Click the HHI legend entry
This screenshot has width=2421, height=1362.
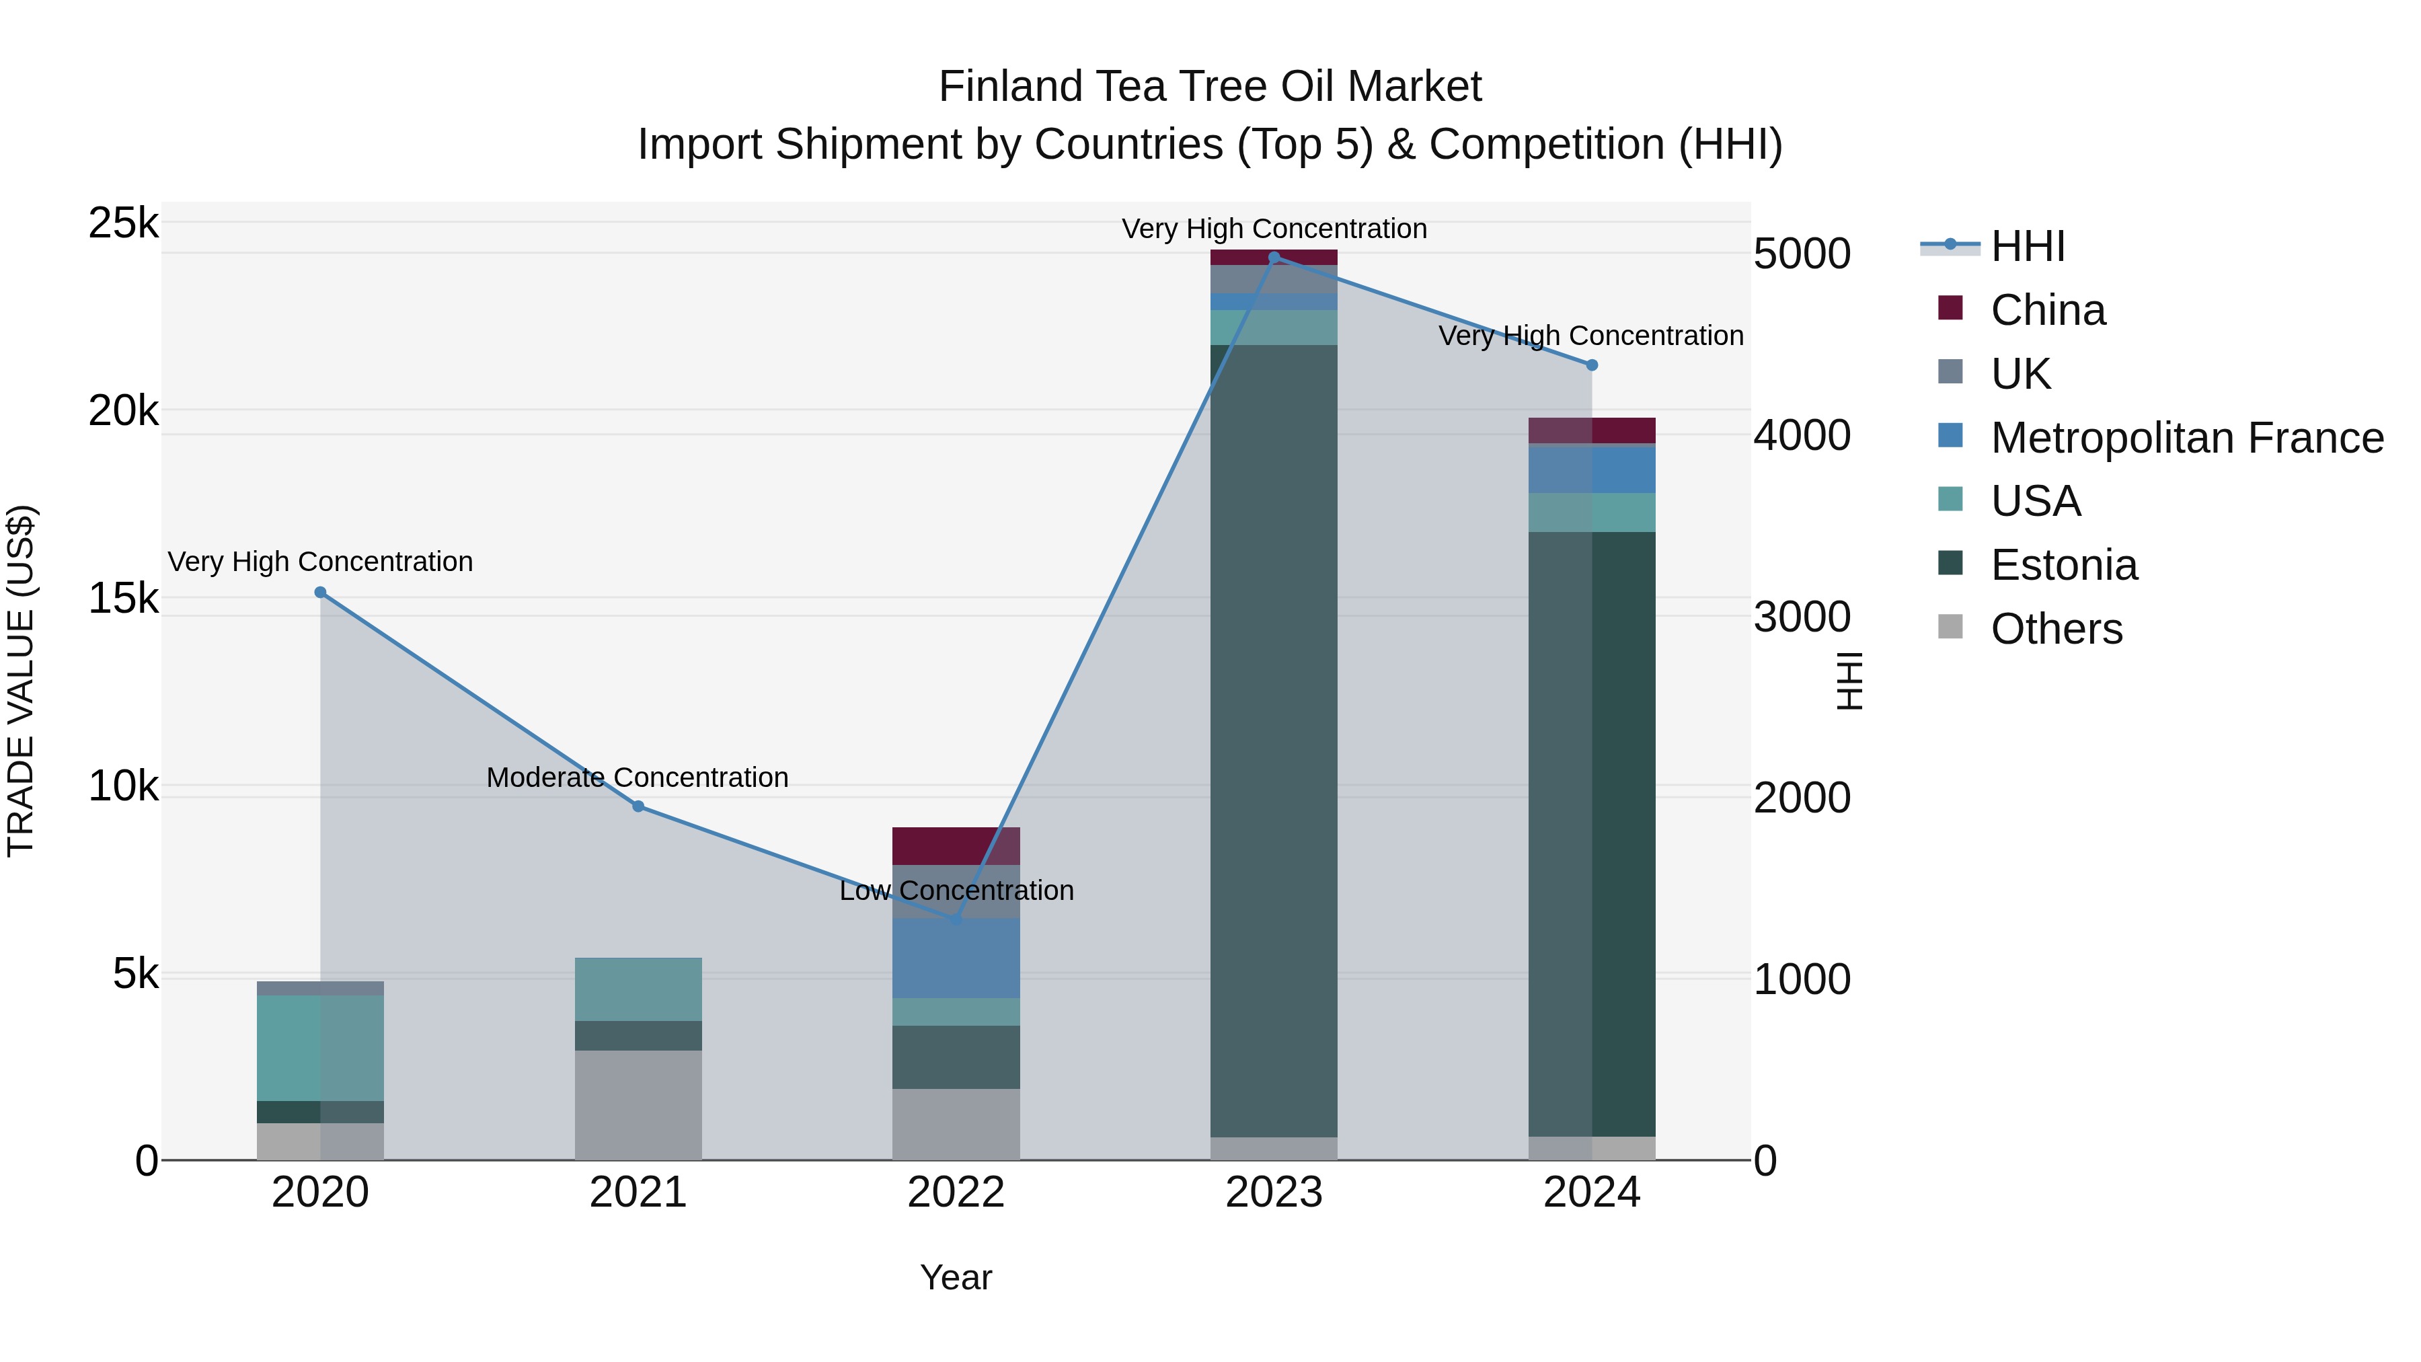pos(2026,246)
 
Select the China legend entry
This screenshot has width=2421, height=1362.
pos(2047,310)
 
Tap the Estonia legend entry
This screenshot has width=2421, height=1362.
pos(2063,565)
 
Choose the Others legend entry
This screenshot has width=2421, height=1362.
pos(2055,629)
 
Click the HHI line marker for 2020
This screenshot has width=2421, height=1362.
pos(321,592)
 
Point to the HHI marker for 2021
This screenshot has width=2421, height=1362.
pos(638,806)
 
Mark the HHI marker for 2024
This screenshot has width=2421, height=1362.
pos(1591,365)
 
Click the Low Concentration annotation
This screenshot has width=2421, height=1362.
pos(956,890)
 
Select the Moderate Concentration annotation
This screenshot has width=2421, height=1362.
pos(638,778)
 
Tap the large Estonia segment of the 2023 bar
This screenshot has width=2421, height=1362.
pos(1274,743)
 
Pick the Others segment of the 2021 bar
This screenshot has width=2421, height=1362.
pos(638,1104)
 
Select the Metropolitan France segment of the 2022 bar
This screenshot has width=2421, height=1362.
pos(956,958)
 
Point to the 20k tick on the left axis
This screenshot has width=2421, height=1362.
pos(123,411)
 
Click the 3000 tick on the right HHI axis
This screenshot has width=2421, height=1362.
pos(1802,617)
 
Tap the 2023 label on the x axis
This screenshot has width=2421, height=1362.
pos(1274,1193)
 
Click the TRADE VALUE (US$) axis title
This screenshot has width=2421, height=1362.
pos(21,681)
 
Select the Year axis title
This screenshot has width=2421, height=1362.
pos(956,1277)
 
